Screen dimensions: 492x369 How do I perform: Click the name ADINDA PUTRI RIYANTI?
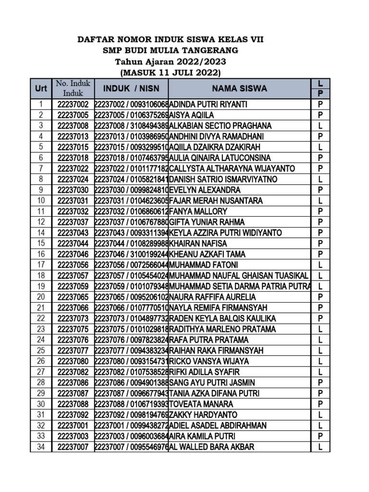pyautogui.click(x=209, y=104)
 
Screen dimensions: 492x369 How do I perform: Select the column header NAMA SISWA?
pyautogui.click(x=240, y=88)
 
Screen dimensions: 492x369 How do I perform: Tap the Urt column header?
pyautogui.click(x=41, y=89)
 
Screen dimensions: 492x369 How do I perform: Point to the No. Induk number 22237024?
pyautogui.click(x=73, y=179)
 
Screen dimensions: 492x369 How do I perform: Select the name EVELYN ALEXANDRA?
pyautogui.click(x=205, y=190)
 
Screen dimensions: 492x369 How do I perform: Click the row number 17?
pyautogui.click(x=41, y=265)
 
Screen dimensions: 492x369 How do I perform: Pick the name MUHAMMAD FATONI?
pyautogui.click(x=204, y=265)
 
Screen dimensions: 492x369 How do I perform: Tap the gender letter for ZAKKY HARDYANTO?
pyautogui.click(x=320, y=415)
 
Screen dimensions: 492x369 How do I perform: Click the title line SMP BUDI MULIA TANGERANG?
pyautogui.click(x=171, y=50)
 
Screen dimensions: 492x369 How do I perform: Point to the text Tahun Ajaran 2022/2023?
pyautogui.click(x=171, y=61)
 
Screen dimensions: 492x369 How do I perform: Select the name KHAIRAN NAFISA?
pyautogui.click(x=198, y=244)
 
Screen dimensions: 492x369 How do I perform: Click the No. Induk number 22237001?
pyautogui.click(x=73, y=426)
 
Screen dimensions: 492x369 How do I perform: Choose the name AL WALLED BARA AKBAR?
pyautogui.click(x=211, y=447)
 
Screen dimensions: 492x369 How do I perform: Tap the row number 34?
pyautogui.click(x=41, y=447)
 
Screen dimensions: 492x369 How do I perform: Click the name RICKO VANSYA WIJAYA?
pyautogui.click(x=209, y=361)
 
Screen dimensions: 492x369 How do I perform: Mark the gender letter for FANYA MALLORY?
pyautogui.click(x=320, y=211)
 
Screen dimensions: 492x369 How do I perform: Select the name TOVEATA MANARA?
pyautogui.click(x=201, y=404)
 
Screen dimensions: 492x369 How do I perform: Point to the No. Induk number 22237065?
pyautogui.click(x=73, y=297)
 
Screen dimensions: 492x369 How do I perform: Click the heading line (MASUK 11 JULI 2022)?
pyautogui.click(x=171, y=73)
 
